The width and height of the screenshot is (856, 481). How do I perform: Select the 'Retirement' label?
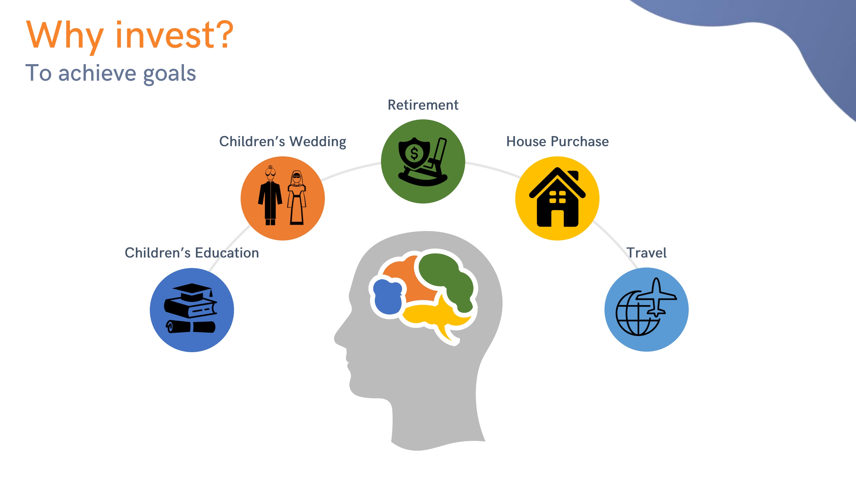click(x=423, y=105)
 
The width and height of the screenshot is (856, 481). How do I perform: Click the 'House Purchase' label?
click(x=557, y=141)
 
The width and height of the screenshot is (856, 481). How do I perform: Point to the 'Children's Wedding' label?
click(x=282, y=142)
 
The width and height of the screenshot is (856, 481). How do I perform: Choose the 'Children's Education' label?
click(x=192, y=253)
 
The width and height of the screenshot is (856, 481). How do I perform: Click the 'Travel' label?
click(x=646, y=253)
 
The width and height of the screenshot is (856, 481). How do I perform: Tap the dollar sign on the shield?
click(x=414, y=154)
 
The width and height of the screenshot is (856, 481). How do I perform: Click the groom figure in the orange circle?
click(x=270, y=196)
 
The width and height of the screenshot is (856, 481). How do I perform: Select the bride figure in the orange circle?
click(x=296, y=198)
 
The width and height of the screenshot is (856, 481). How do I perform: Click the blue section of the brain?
click(x=388, y=296)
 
